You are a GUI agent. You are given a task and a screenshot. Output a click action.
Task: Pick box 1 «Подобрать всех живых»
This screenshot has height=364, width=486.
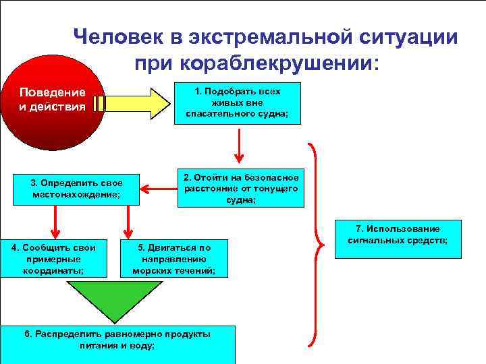[237, 103]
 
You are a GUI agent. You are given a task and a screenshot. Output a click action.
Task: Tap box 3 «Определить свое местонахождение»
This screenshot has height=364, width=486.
[76, 189]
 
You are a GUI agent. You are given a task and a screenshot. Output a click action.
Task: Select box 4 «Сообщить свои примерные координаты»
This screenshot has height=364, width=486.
[53, 257]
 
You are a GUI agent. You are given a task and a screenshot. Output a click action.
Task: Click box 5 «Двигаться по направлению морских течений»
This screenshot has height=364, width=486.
[174, 258]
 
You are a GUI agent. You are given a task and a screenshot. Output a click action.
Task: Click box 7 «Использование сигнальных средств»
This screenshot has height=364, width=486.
[398, 240]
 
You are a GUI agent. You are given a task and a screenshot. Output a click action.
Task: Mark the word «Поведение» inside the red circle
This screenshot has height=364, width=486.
[52, 92]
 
